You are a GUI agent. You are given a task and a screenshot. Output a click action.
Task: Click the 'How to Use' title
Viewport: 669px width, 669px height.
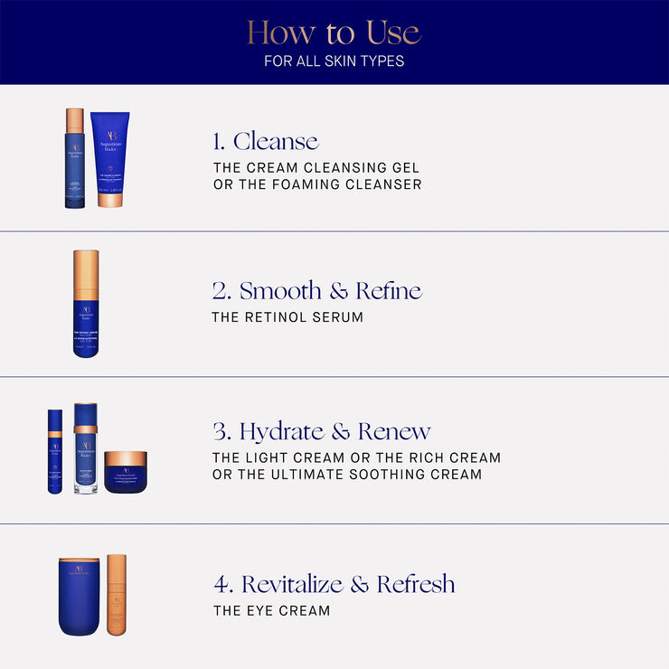(x=334, y=33)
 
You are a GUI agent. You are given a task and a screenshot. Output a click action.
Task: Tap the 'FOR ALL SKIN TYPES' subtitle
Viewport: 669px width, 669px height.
(x=334, y=61)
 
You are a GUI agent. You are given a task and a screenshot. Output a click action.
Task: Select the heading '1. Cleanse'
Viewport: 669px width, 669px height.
(x=266, y=141)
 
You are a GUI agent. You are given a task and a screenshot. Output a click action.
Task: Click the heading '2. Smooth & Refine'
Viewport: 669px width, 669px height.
(x=316, y=290)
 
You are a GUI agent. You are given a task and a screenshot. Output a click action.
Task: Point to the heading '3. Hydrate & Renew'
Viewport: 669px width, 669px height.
(x=321, y=431)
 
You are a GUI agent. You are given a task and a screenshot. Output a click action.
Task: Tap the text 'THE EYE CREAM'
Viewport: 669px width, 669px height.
(x=271, y=610)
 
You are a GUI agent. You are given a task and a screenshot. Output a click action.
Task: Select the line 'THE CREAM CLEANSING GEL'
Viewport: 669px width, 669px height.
(x=316, y=168)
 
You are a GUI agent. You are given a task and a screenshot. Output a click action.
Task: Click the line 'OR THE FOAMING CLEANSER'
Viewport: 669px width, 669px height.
(x=316, y=184)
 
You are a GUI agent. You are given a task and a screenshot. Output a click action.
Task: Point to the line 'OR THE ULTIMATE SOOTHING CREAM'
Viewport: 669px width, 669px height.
(x=347, y=475)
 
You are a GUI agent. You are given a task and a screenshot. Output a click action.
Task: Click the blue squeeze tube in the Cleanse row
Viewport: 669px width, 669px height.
(x=110, y=158)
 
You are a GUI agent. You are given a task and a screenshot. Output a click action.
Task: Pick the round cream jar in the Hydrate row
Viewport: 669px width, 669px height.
(x=125, y=472)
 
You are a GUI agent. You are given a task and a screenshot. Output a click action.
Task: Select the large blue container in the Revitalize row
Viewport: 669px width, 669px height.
(x=78, y=596)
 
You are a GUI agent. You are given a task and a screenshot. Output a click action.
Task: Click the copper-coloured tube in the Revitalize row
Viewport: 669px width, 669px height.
(x=117, y=594)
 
